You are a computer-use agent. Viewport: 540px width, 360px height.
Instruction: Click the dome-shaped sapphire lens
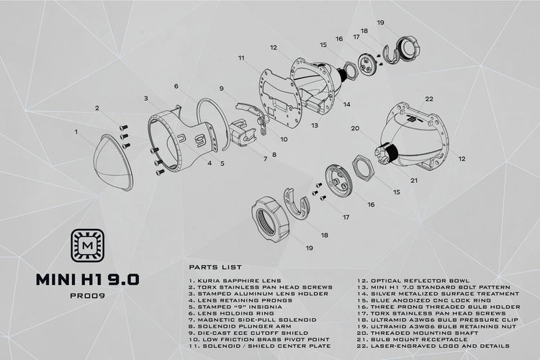[x=113, y=164]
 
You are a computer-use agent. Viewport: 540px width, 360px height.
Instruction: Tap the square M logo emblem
[x=87, y=246]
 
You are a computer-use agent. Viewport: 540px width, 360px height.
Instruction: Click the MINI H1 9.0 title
[x=87, y=279]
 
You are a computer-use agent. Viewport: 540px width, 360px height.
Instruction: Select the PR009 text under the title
[x=87, y=296]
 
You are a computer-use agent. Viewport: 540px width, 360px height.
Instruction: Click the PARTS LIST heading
[x=215, y=267]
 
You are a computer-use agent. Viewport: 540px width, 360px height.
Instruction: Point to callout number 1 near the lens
[x=76, y=132]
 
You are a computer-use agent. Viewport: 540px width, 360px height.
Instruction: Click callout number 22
[x=429, y=99]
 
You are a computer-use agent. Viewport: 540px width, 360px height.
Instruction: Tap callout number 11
[x=241, y=58]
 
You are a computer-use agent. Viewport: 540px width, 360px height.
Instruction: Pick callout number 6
[x=176, y=86]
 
